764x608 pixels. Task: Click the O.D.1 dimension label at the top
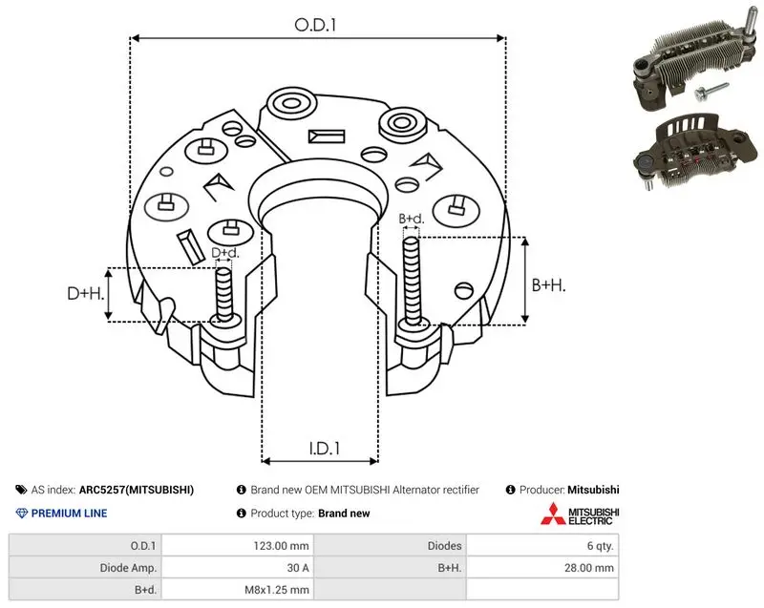(315, 25)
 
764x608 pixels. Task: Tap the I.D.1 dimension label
(325, 449)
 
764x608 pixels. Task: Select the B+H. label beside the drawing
(548, 284)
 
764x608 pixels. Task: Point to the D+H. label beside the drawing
(86, 293)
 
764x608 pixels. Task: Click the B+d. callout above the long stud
(412, 219)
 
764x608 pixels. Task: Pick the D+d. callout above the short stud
(225, 253)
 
